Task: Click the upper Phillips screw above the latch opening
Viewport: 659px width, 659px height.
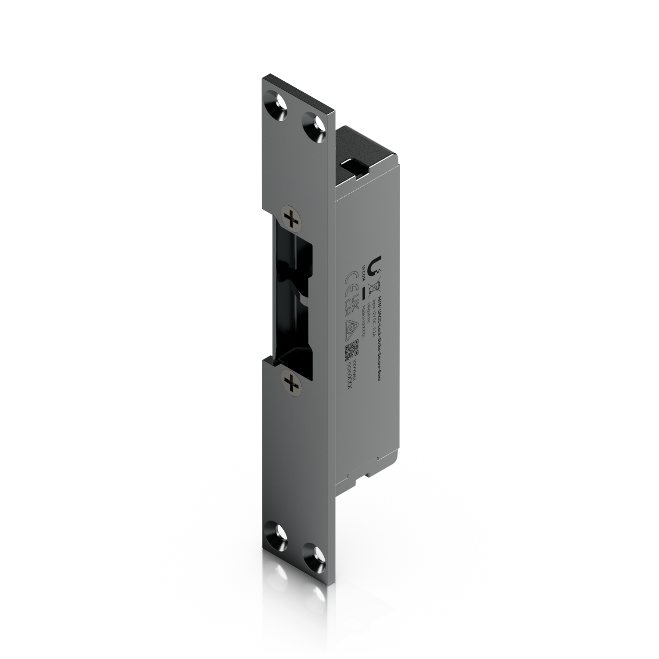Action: pos(291,217)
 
